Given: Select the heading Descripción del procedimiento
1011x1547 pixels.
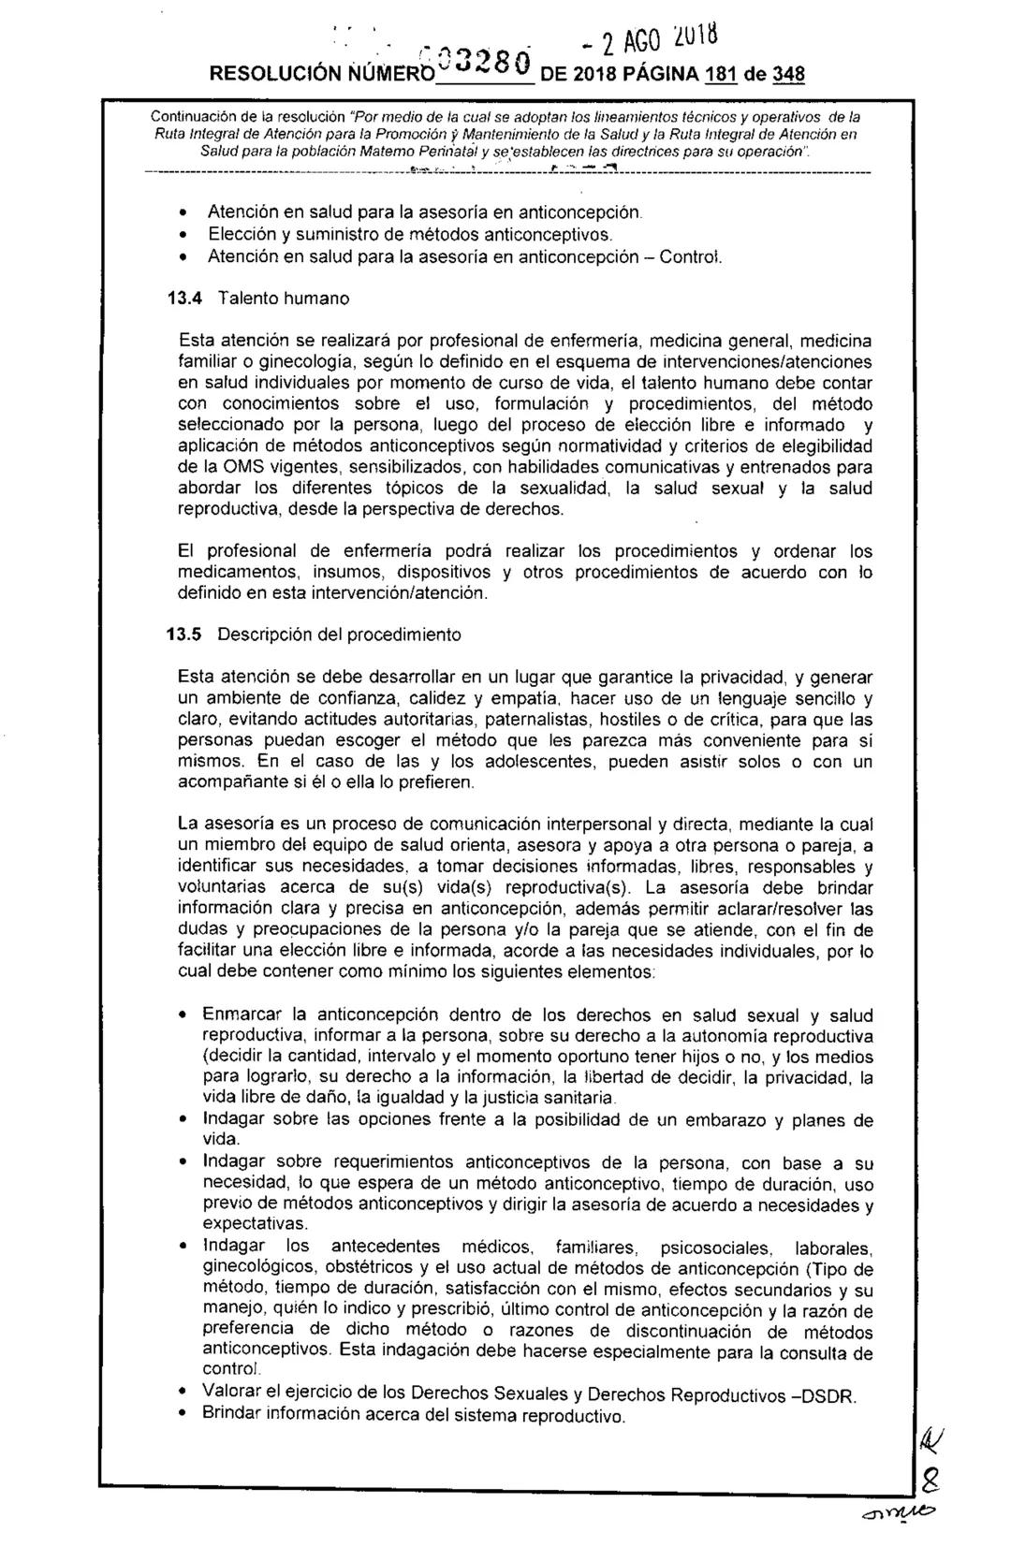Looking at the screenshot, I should [339, 634].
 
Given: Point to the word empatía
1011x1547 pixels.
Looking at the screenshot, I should [516, 698].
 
